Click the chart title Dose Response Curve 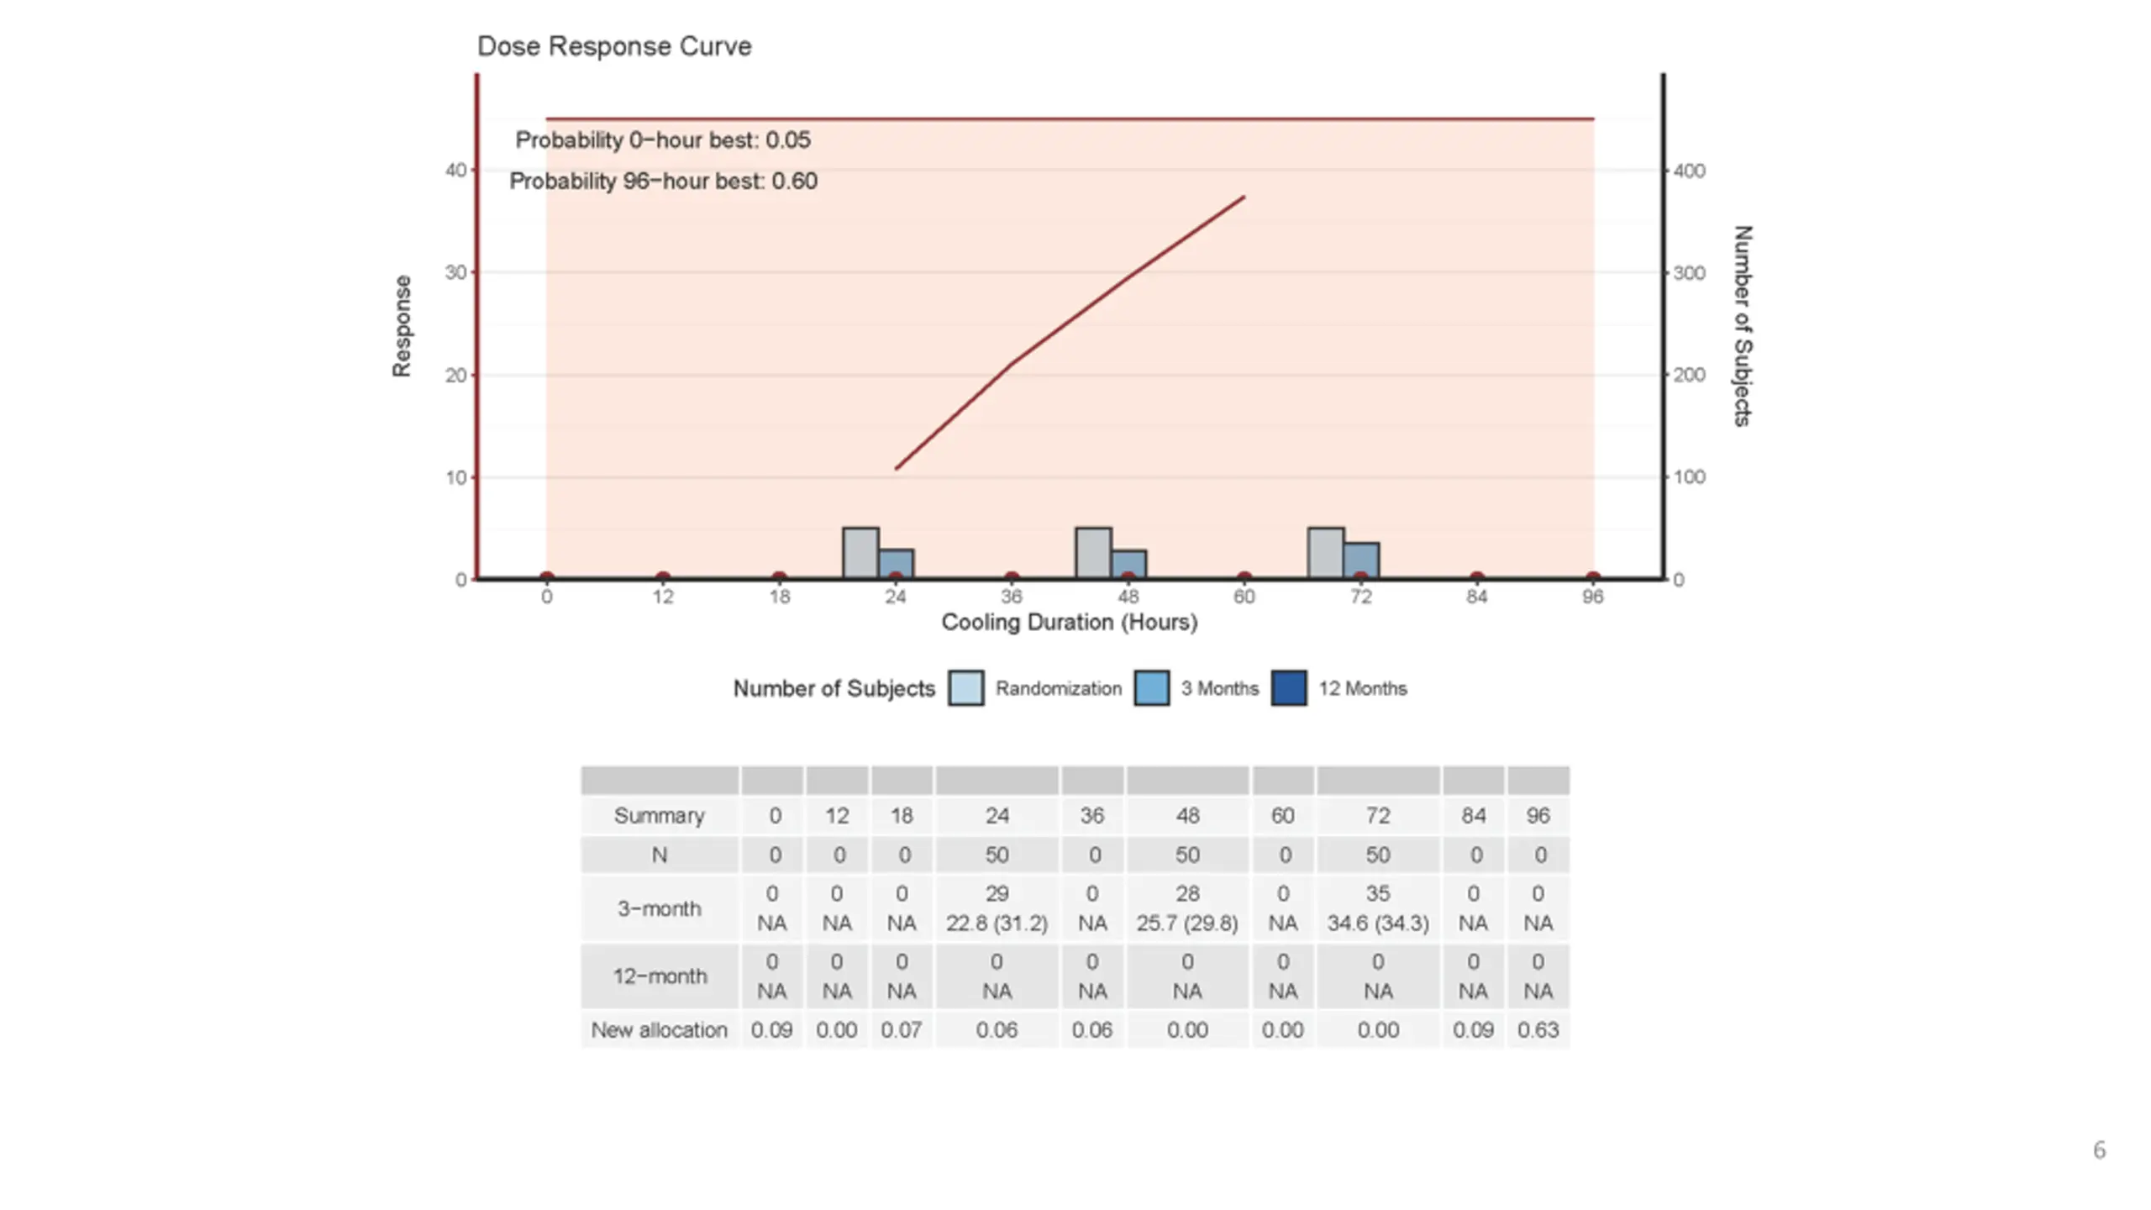(x=614, y=46)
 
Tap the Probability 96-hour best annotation (x=663, y=181)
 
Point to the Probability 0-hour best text (x=663, y=140)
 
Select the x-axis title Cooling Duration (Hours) (x=1069, y=623)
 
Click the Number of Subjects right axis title (x=1743, y=326)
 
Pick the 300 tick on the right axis (x=1689, y=273)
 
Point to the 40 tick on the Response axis (x=455, y=171)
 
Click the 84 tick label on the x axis (x=1476, y=597)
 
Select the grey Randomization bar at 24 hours (x=860, y=553)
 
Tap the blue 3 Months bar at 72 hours (x=1361, y=560)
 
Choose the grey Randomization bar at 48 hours (x=1093, y=553)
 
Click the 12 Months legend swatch (x=1289, y=688)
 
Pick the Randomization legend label (x=1058, y=689)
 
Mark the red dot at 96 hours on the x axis (x=1592, y=577)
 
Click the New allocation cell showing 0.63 (x=1538, y=1030)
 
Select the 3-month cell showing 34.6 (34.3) (x=1378, y=923)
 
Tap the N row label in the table (x=660, y=855)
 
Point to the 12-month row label (x=660, y=976)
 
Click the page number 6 (x=2099, y=1150)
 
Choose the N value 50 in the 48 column (x=1187, y=855)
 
